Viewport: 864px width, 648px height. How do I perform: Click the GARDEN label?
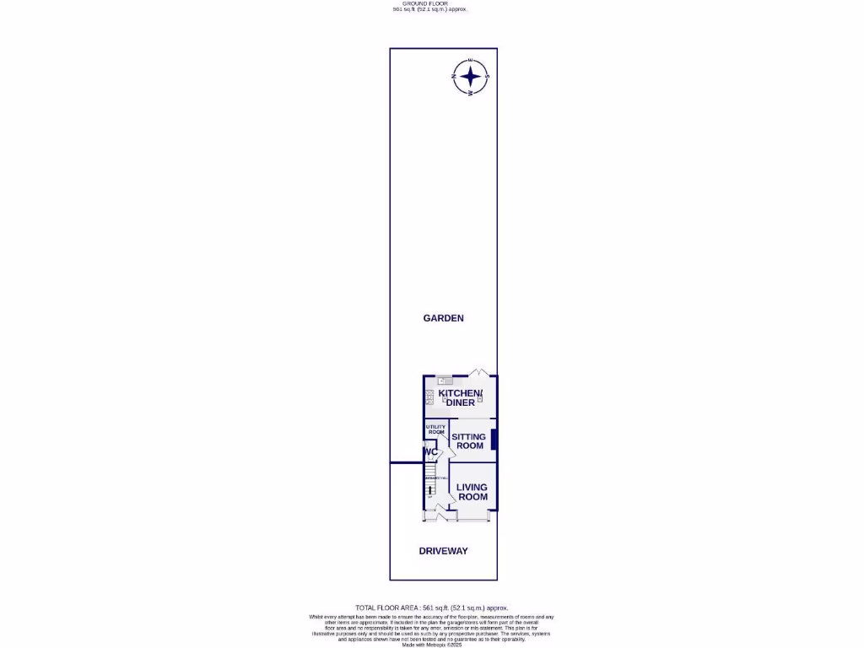tap(444, 318)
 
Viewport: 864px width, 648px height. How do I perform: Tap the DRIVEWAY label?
tap(444, 551)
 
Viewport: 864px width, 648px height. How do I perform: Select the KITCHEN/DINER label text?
tap(460, 398)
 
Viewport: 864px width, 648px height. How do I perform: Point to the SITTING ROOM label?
tap(470, 441)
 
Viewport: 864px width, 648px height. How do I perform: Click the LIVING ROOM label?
tap(472, 492)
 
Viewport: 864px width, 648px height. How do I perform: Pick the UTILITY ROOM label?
tap(435, 429)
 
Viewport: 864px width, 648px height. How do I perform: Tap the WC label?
tap(431, 452)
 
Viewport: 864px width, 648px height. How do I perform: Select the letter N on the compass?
tap(455, 78)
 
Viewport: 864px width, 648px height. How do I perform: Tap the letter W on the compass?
tap(471, 94)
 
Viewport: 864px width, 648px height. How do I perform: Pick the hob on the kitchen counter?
tap(429, 397)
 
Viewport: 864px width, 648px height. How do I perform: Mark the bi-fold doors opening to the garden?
tap(478, 372)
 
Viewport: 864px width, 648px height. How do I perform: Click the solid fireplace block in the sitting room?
tap(494, 440)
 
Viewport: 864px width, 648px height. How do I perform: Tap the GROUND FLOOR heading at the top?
tap(429, 3)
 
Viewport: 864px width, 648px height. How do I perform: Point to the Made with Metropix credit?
tap(432, 645)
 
